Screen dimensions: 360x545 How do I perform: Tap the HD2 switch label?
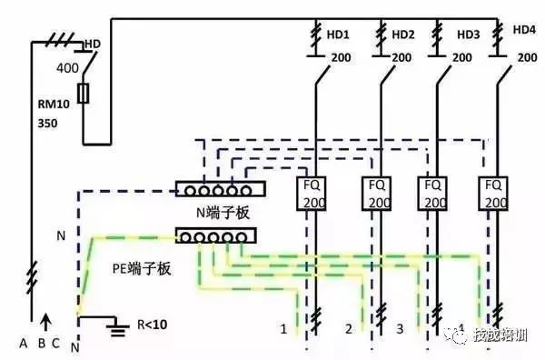(x=403, y=34)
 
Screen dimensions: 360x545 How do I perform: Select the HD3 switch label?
(x=468, y=35)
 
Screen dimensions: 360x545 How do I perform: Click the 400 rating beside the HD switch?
(x=67, y=68)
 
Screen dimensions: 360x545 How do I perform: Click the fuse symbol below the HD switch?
(x=84, y=93)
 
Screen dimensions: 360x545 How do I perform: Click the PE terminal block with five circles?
(x=215, y=236)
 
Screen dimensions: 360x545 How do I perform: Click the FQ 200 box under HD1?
(x=312, y=193)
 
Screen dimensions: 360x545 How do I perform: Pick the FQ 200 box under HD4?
(x=495, y=193)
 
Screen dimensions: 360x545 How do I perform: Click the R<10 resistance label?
(x=151, y=324)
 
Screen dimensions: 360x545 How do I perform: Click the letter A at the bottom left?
(x=24, y=343)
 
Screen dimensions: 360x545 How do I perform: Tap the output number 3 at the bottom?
(x=400, y=326)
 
